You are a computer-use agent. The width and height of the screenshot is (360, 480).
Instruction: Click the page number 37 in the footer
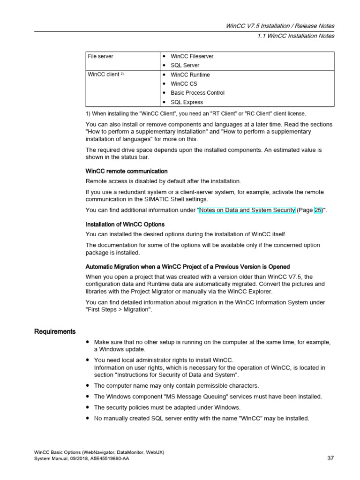(x=330, y=458)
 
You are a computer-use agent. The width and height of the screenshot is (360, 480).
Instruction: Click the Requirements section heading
(x=55, y=332)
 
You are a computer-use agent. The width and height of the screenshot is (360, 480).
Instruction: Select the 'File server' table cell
(x=100, y=56)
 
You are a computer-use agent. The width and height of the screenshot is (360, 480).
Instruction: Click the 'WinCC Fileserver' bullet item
(x=192, y=56)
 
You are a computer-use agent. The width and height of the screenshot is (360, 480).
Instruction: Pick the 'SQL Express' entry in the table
(x=187, y=102)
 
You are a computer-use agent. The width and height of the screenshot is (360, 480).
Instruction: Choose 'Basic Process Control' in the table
(x=197, y=93)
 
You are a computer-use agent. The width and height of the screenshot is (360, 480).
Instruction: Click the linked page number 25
(x=318, y=210)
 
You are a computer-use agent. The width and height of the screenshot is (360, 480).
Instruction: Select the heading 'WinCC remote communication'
(x=127, y=171)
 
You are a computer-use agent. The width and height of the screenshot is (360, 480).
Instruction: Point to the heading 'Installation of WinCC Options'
(x=125, y=225)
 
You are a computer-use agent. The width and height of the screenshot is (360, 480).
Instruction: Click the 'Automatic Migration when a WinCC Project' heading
(x=187, y=267)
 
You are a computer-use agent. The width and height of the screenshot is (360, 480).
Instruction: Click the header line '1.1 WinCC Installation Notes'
(x=296, y=36)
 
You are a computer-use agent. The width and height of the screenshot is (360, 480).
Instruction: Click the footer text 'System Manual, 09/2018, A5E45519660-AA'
(x=82, y=458)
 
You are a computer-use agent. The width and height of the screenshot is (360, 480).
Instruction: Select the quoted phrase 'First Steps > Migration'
(x=119, y=310)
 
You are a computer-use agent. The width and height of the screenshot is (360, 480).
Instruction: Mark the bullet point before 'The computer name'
(x=88, y=385)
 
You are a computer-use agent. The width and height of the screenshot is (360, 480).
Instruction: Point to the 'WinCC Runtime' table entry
(x=190, y=75)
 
